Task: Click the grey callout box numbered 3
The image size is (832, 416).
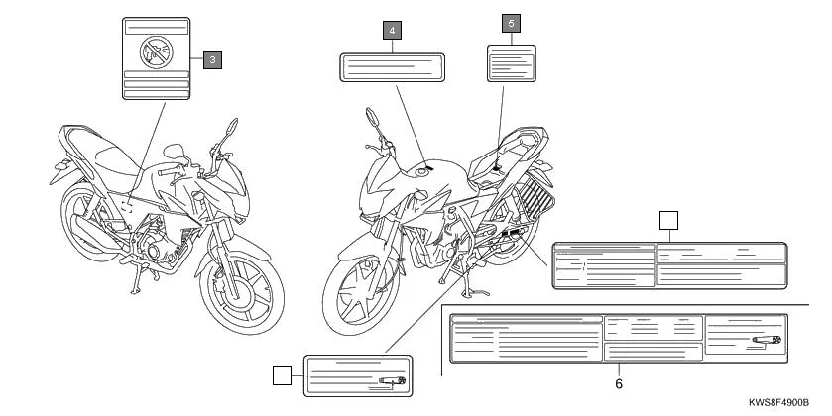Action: pos(212,59)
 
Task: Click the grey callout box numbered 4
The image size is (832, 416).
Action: pos(392,31)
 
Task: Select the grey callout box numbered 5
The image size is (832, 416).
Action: pos(511,24)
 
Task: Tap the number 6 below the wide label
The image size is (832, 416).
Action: pos(619,383)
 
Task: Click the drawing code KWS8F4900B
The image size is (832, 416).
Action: pos(778,403)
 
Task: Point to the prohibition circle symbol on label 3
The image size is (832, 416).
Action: pos(156,52)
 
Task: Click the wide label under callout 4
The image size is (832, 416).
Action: pos(392,67)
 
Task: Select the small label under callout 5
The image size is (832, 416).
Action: pos(512,63)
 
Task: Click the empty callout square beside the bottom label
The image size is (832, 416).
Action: pos(282,375)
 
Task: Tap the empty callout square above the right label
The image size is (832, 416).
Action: pos(668,221)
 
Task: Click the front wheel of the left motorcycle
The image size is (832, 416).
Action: pos(241,292)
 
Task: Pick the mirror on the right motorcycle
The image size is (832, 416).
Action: pos(373,117)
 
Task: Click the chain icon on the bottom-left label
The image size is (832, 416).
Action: pos(392,380)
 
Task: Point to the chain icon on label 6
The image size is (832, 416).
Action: pos(767,340)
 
